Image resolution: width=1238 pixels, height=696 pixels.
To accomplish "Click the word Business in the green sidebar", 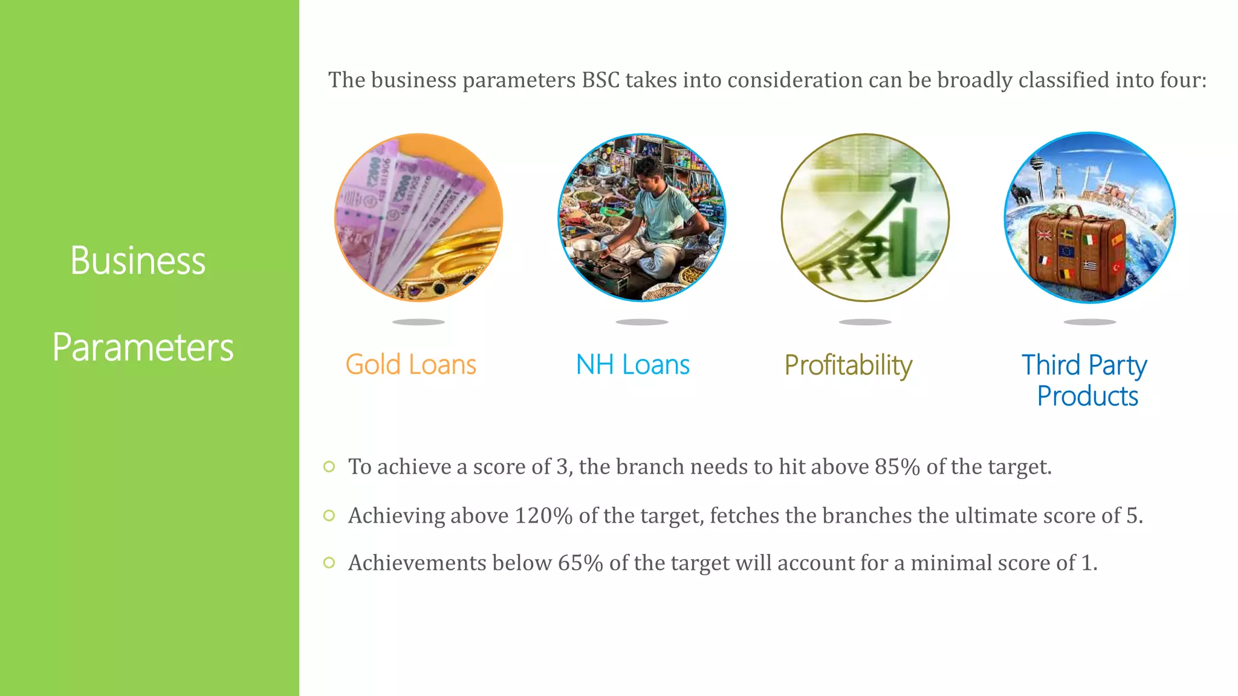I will coord(138,261).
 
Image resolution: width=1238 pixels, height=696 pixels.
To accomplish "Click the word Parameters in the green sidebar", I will coord(143,347).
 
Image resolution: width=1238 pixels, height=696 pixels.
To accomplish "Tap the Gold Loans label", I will coord(410,365).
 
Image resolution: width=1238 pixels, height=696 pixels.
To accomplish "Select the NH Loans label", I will coord(632,365).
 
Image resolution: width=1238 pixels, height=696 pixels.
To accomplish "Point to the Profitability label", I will coord(848,366).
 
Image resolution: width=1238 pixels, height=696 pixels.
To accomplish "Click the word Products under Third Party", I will coord(1087,396).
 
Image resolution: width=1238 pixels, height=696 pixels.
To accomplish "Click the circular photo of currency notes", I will coord(418,217).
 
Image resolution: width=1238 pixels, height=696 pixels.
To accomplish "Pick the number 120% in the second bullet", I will coord(543,516).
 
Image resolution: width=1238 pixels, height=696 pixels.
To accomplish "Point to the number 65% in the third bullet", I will coord(580,563).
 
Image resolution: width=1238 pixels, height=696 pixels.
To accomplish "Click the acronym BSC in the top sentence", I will coord(600,80).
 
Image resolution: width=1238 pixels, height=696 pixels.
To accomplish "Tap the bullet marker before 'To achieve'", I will coord(329,466).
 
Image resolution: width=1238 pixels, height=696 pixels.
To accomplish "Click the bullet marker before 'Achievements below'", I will coord(329,563).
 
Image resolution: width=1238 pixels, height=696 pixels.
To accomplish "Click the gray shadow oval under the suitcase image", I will coord(1089,322).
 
